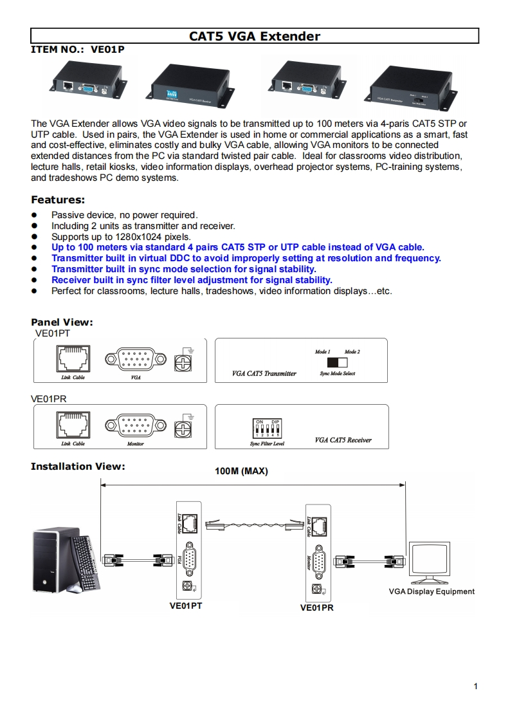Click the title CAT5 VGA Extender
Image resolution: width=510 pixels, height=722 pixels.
pos(255,36)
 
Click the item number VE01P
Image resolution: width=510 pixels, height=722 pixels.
pos(107,48)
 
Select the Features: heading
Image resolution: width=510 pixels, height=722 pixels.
pos(58,200)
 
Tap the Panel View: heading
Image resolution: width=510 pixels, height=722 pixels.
pos(62,322)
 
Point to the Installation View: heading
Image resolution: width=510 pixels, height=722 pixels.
pos(78,466)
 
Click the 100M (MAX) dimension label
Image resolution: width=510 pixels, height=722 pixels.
pos(241,471)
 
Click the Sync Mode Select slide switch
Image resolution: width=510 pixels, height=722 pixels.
pos(337,362)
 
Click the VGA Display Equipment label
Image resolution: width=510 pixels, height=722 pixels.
pos(432,591)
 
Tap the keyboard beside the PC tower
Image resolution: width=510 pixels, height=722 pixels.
pos(85,561)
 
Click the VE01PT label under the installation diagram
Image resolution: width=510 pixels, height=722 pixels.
pos(186,606)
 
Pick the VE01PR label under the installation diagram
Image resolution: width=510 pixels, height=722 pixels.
pos(317,607)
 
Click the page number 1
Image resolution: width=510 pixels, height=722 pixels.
pos(475,686)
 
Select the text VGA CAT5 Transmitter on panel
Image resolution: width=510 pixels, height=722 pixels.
pos(264,373)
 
